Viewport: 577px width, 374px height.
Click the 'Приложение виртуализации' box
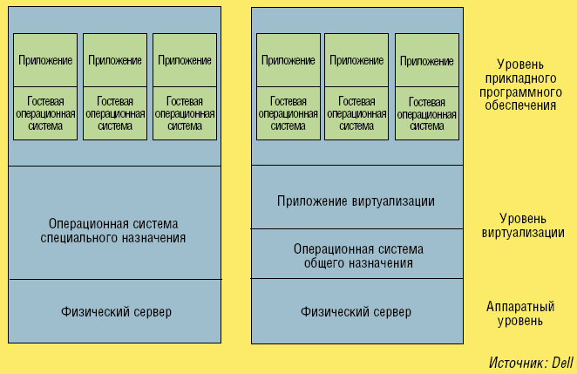[356, 201]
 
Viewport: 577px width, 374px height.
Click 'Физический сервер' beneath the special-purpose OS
[117, 311]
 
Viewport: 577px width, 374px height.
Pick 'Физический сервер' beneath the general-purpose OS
[356, 311]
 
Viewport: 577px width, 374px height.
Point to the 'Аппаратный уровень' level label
[520, 313]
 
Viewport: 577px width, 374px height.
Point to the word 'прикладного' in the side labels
[521, 78]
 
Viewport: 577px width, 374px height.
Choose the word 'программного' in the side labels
[520, 92]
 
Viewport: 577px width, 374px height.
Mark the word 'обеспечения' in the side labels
[520, 105]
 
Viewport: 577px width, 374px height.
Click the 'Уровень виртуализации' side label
[520, 226]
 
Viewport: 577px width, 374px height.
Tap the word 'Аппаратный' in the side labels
[521, 306]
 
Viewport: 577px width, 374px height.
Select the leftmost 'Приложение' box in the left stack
[45, 60]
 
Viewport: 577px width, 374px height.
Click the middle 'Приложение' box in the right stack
[356, 60]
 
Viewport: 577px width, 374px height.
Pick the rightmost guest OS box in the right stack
[426, 113]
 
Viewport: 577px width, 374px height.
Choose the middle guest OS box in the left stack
[115, 113]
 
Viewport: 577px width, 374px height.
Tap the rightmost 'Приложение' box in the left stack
[185, 60]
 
